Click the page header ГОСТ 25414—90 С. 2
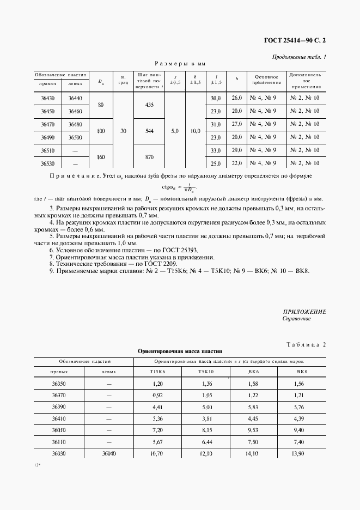297,40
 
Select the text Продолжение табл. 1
298,57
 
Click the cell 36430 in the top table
47,98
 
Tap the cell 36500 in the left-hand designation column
75,137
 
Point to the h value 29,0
236,150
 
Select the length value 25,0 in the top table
215,163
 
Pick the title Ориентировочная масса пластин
180,352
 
